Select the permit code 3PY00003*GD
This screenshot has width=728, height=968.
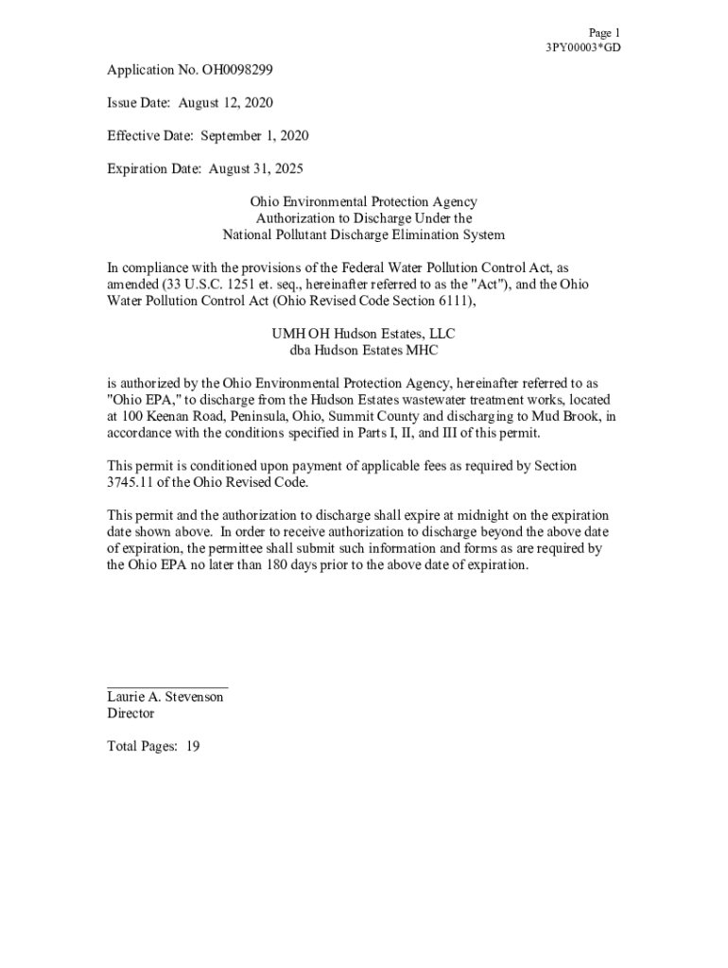click(x=583, y=48)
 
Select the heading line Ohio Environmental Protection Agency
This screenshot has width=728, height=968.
click(x=363, y=202)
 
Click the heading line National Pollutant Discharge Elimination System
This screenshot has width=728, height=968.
click(x=363, y=235)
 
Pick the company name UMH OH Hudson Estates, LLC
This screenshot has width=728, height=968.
click(x=363, y=335)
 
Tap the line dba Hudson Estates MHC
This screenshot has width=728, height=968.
click(x=363, y=351)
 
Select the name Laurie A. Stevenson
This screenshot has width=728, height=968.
click(x=165, y=697)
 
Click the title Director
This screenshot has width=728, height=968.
click(x=130, y=714)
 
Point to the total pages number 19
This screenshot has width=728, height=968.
click(x=192, y=747)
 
